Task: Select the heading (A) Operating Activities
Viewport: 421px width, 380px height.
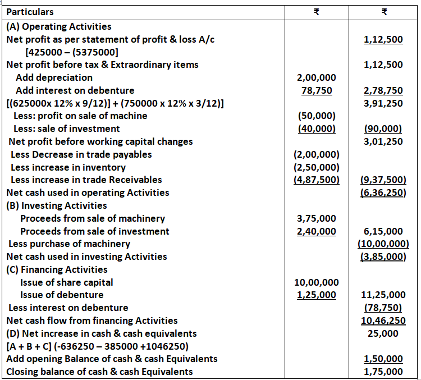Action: coord(58,26)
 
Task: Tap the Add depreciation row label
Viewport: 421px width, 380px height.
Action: coord(54,77)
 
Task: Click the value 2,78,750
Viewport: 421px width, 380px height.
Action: coord(383,90)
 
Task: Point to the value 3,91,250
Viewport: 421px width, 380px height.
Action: coord(383,103)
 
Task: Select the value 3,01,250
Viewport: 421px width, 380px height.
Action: coord(383,141)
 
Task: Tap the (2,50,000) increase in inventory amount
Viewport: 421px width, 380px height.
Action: coord(315,167)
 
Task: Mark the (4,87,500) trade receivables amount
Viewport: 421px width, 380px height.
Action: coord(315,180)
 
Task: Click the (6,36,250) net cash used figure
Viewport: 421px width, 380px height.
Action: coord(383,193)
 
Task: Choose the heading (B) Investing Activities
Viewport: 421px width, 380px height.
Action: coord(56,205)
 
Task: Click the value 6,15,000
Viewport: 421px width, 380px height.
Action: coord(383,231)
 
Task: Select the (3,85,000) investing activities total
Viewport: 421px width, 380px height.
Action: coord(383,257)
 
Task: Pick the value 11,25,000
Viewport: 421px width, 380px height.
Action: coord(382,295)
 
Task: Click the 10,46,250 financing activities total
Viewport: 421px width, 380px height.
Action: coord(383,321)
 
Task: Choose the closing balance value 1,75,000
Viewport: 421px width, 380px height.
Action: coord(383,372)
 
